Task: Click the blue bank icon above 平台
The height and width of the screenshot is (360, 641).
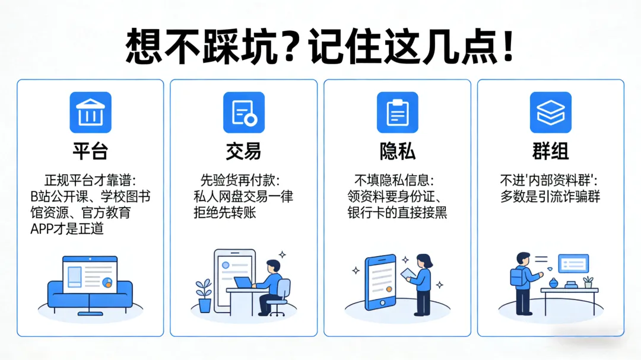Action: tap(90, 112)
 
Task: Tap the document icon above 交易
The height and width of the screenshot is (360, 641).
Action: tap(243, 112)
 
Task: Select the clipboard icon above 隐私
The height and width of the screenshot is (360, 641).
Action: tap(397, 112)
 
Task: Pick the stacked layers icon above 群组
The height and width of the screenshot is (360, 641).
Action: tap(550, 112)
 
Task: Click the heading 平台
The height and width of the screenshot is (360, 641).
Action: tap(90, 151)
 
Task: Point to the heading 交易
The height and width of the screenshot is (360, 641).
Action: tap(243, 151)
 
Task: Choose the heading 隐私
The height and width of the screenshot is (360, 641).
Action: tap(397, 151)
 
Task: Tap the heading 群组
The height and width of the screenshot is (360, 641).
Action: tap(550, 151)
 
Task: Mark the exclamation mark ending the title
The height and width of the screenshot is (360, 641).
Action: tap(507, 45)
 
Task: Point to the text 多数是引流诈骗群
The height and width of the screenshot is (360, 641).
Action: tap(550, 196)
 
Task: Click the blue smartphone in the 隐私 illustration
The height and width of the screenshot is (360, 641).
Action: tap(380, 282)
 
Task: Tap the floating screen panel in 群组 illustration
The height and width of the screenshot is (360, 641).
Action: tap(573, 263)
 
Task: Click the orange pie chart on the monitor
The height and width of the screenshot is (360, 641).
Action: tap(107, 282)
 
